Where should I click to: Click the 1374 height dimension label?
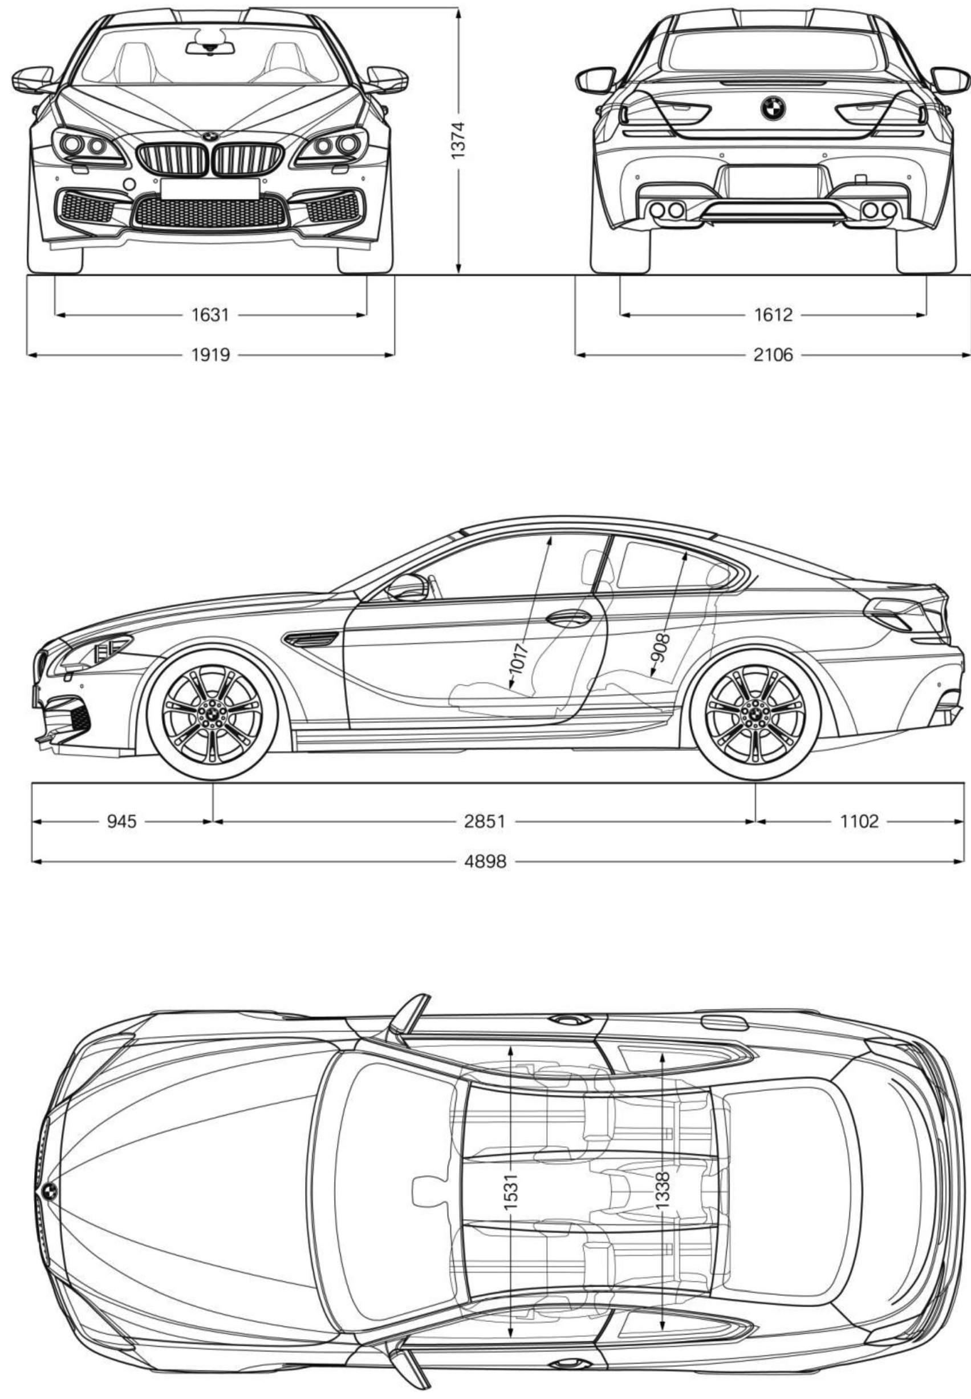457,140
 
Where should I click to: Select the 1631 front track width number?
210,315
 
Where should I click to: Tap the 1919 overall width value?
210,354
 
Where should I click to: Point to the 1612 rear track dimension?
774,315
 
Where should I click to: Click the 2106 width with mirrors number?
774,354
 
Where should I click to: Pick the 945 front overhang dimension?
121,821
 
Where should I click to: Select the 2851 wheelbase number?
485,821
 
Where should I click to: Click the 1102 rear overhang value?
860,821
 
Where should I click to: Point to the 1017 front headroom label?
519,658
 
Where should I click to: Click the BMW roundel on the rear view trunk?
773,108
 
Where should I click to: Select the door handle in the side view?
569,619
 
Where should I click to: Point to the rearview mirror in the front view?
210,48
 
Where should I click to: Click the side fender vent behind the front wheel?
310,638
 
